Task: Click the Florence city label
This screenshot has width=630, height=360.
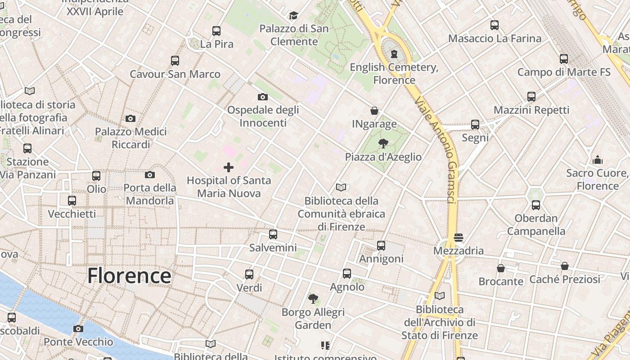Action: (x=129, y=275)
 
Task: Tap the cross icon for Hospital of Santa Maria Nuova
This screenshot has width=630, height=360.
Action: (x=229, y=167)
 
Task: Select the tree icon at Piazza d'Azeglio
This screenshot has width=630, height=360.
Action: (x=383, y=144)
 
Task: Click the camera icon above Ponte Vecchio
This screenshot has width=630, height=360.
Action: (x=78, y=328)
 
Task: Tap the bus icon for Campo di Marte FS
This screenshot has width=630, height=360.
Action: (x=564, y=58)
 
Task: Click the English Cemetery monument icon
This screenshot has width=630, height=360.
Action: (x=394, y=54)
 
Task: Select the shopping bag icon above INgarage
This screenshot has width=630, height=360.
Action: (x=374, y=111)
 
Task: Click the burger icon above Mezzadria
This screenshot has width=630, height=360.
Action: (x=459, y=237)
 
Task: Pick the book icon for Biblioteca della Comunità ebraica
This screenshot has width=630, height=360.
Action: (x=341, y=188)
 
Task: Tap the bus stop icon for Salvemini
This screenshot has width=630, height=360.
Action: (x=273, y=234)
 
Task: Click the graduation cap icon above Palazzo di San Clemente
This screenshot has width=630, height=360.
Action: (x=294, y=16)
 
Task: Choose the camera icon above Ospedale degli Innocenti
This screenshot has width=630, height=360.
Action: (x=263, y=97)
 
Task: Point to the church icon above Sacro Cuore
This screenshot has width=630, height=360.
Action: (x=598, y=160)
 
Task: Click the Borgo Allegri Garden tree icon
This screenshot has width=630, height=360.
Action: (x=313, y=298)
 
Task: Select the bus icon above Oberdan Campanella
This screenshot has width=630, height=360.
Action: (x=536, y=205)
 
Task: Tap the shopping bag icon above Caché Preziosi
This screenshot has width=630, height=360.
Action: (x=565, y=266)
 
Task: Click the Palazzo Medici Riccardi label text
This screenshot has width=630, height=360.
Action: (x=130, y=138)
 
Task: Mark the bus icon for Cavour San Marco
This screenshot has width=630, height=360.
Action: (x=175, y=60)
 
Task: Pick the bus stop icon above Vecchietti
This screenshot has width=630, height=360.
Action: (x=72, y=201)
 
